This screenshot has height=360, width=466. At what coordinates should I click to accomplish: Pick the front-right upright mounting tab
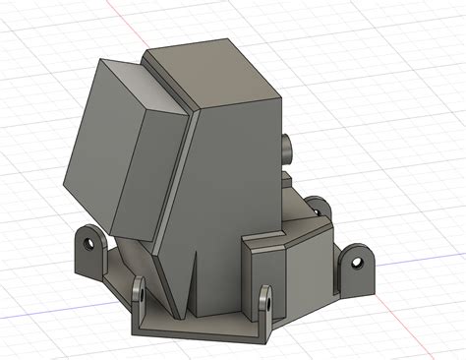[x=265, y=302]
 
